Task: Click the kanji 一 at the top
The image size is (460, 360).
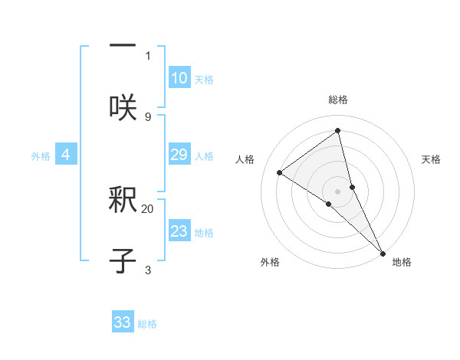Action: coord(123,44)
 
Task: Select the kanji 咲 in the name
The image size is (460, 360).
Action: coord(123,106)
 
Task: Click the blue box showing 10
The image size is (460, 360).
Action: coord(179,78)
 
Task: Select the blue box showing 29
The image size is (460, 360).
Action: coord(179,155)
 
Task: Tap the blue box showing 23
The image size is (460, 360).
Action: coord(179,231)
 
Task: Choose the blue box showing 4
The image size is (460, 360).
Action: coord(66,155)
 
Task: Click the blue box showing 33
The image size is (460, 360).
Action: coord(123,322)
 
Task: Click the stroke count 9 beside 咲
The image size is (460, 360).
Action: coord(148,116)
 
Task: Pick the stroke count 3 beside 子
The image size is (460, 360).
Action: coord(148,270)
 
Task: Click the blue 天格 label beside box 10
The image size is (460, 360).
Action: coord(204,79)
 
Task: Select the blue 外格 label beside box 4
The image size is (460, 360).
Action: coord(41,155)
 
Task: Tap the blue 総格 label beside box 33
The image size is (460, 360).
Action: coord(147,323)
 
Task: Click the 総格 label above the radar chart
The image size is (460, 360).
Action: coord(338,100)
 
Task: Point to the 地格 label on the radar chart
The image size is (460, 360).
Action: coord(402,262)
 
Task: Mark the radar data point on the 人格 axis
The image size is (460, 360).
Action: coord(280,172)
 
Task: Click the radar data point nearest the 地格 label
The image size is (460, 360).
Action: coord(383,252)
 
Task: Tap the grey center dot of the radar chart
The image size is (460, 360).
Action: coord(338,191)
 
